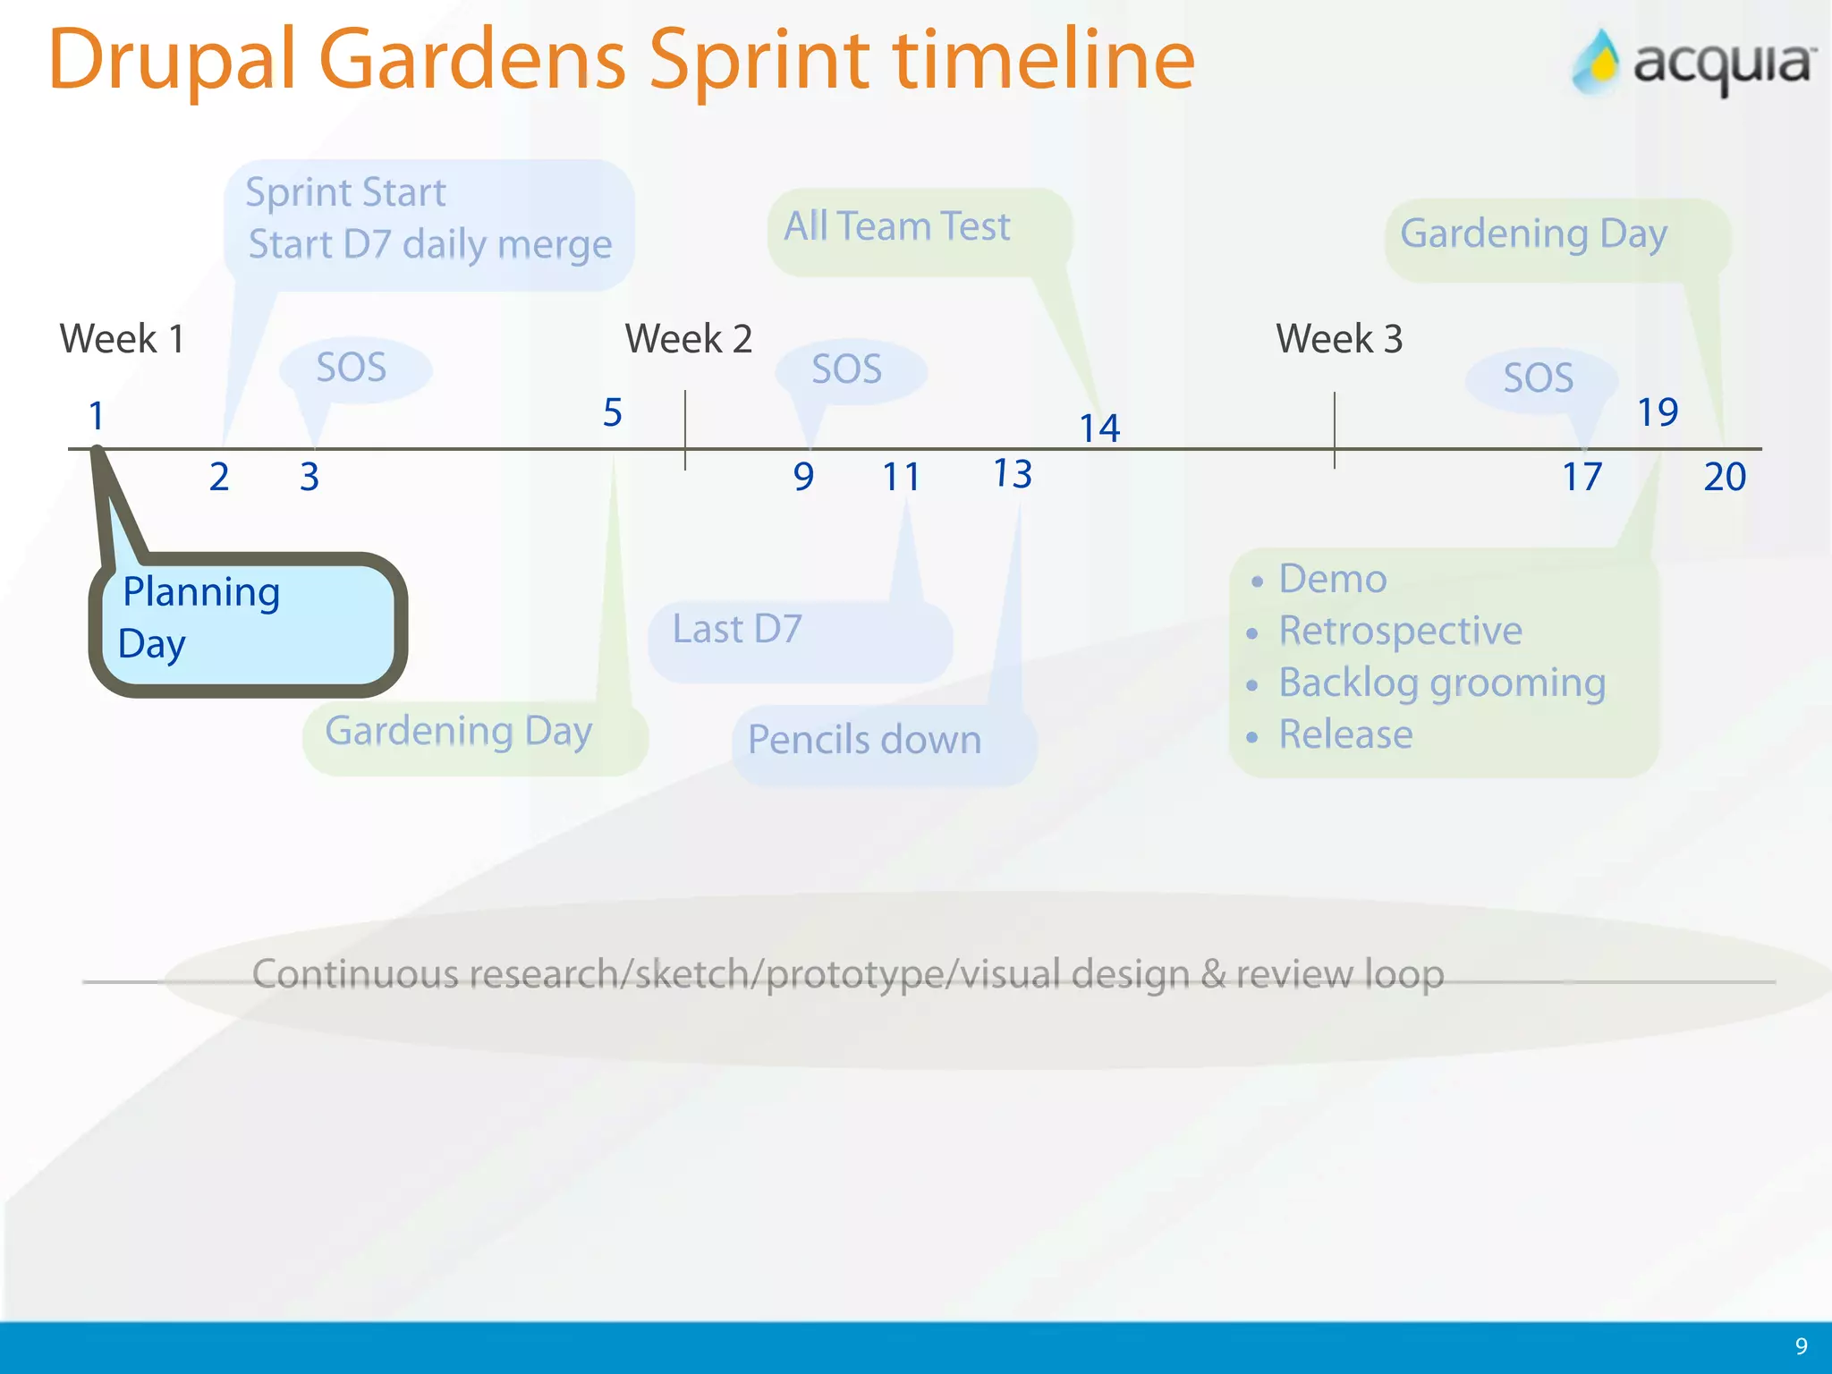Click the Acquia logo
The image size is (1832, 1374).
tap(1693, 63)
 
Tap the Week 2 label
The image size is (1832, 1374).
tap(688, 339)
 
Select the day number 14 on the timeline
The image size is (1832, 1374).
tap(1099, 428)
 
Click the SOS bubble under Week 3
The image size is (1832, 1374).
tap(1539, 378)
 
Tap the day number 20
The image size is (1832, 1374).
tap(1724, 477)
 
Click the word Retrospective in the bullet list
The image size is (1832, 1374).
tap(1399, 631)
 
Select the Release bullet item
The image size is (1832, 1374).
tap(1344, 734)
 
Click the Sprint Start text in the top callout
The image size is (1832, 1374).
tap(345, 193)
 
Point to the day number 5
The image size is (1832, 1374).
tap(612, 413)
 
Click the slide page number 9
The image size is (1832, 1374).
tap(1801, 1346)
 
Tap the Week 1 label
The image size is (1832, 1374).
tap(123, 339)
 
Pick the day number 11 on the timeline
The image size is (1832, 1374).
tap(901, 477)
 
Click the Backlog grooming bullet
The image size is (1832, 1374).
tap(1441, 683)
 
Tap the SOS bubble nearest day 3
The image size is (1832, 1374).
tap(352, 369)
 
